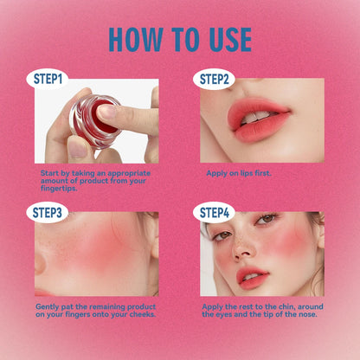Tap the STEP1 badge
[x=48, y=79]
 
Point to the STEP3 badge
[x=48, y=212]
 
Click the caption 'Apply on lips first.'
[x=239, y=173]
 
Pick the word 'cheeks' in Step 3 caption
[x=139, y=313]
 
